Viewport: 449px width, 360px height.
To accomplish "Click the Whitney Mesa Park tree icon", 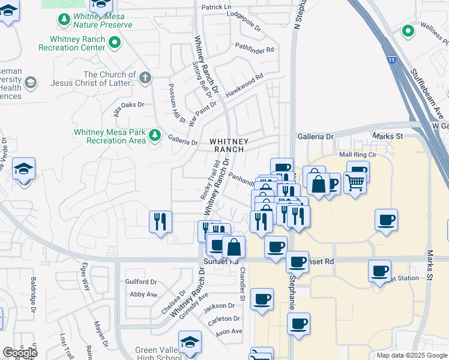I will pyautogui.click(x=155, y=134).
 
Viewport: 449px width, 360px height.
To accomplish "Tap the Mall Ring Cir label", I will pyautogui.click(x=358, y=154).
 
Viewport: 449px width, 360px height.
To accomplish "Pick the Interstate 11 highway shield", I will pyautogui.click(x=391, y=60).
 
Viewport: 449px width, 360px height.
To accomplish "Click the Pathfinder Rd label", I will pyautogui.click(x=255, y=47).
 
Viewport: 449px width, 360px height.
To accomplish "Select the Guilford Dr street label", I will pyautogui.click(x=140, y=281).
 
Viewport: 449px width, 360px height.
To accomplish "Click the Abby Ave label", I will pyautogui.click(x=143, y=294).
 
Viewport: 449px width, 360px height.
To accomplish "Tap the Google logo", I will pyautogui.click(x=20, y=352).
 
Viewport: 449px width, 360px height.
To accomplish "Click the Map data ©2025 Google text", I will pyautogui.click(x=411, y=355).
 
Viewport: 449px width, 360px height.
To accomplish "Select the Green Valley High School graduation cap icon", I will pyautogui.click(x=190, y=342).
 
